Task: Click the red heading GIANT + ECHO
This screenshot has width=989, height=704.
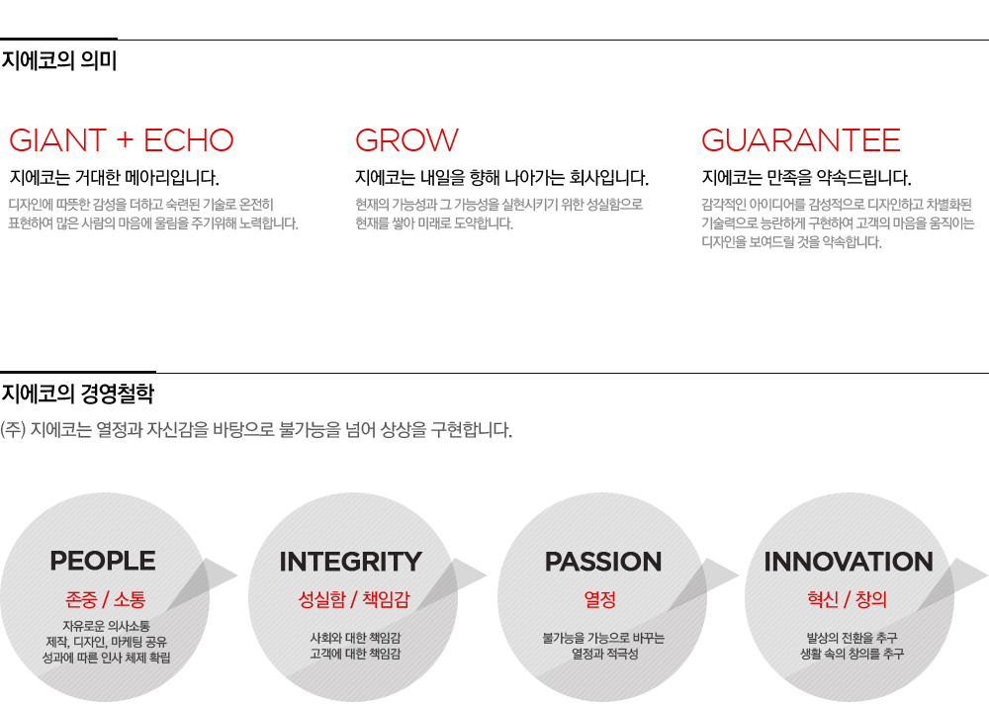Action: [x=122, y=140]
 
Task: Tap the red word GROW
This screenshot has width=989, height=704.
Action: [x=406, y=140]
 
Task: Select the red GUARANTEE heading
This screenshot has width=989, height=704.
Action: [x=801, y=140]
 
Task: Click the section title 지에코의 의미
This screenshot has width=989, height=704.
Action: [x=59, y=60]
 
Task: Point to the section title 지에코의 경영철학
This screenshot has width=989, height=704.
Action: [x=78, y=394]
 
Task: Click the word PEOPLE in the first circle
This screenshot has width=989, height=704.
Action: [x=103, y=561]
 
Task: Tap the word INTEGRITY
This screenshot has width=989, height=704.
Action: [x=351, y=562]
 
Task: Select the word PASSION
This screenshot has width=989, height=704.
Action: [x=603, y=562]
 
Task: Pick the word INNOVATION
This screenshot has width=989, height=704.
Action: [x=849, y=562]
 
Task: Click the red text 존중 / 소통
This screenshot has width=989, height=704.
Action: [x=106, y=598]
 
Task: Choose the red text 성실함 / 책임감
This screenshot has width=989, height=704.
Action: [x=354, y=598]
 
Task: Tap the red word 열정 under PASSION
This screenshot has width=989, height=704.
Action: [x=600, y=598]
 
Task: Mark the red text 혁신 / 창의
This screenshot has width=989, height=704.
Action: [x=848, y=598]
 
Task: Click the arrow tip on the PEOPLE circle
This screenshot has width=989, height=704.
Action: [x=237, y=574]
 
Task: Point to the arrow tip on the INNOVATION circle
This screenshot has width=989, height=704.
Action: [x=986, y=574]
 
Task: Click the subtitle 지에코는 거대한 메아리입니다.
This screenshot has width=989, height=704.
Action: [x=114, y=178]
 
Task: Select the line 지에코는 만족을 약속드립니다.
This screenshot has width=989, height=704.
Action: [x=807, y=178]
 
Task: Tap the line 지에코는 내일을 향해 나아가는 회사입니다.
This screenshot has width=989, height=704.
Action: [x=502, y=178]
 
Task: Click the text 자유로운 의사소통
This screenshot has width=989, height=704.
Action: [x=106, y=626]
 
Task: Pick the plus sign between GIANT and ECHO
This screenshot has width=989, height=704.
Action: [x=125, y=140]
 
